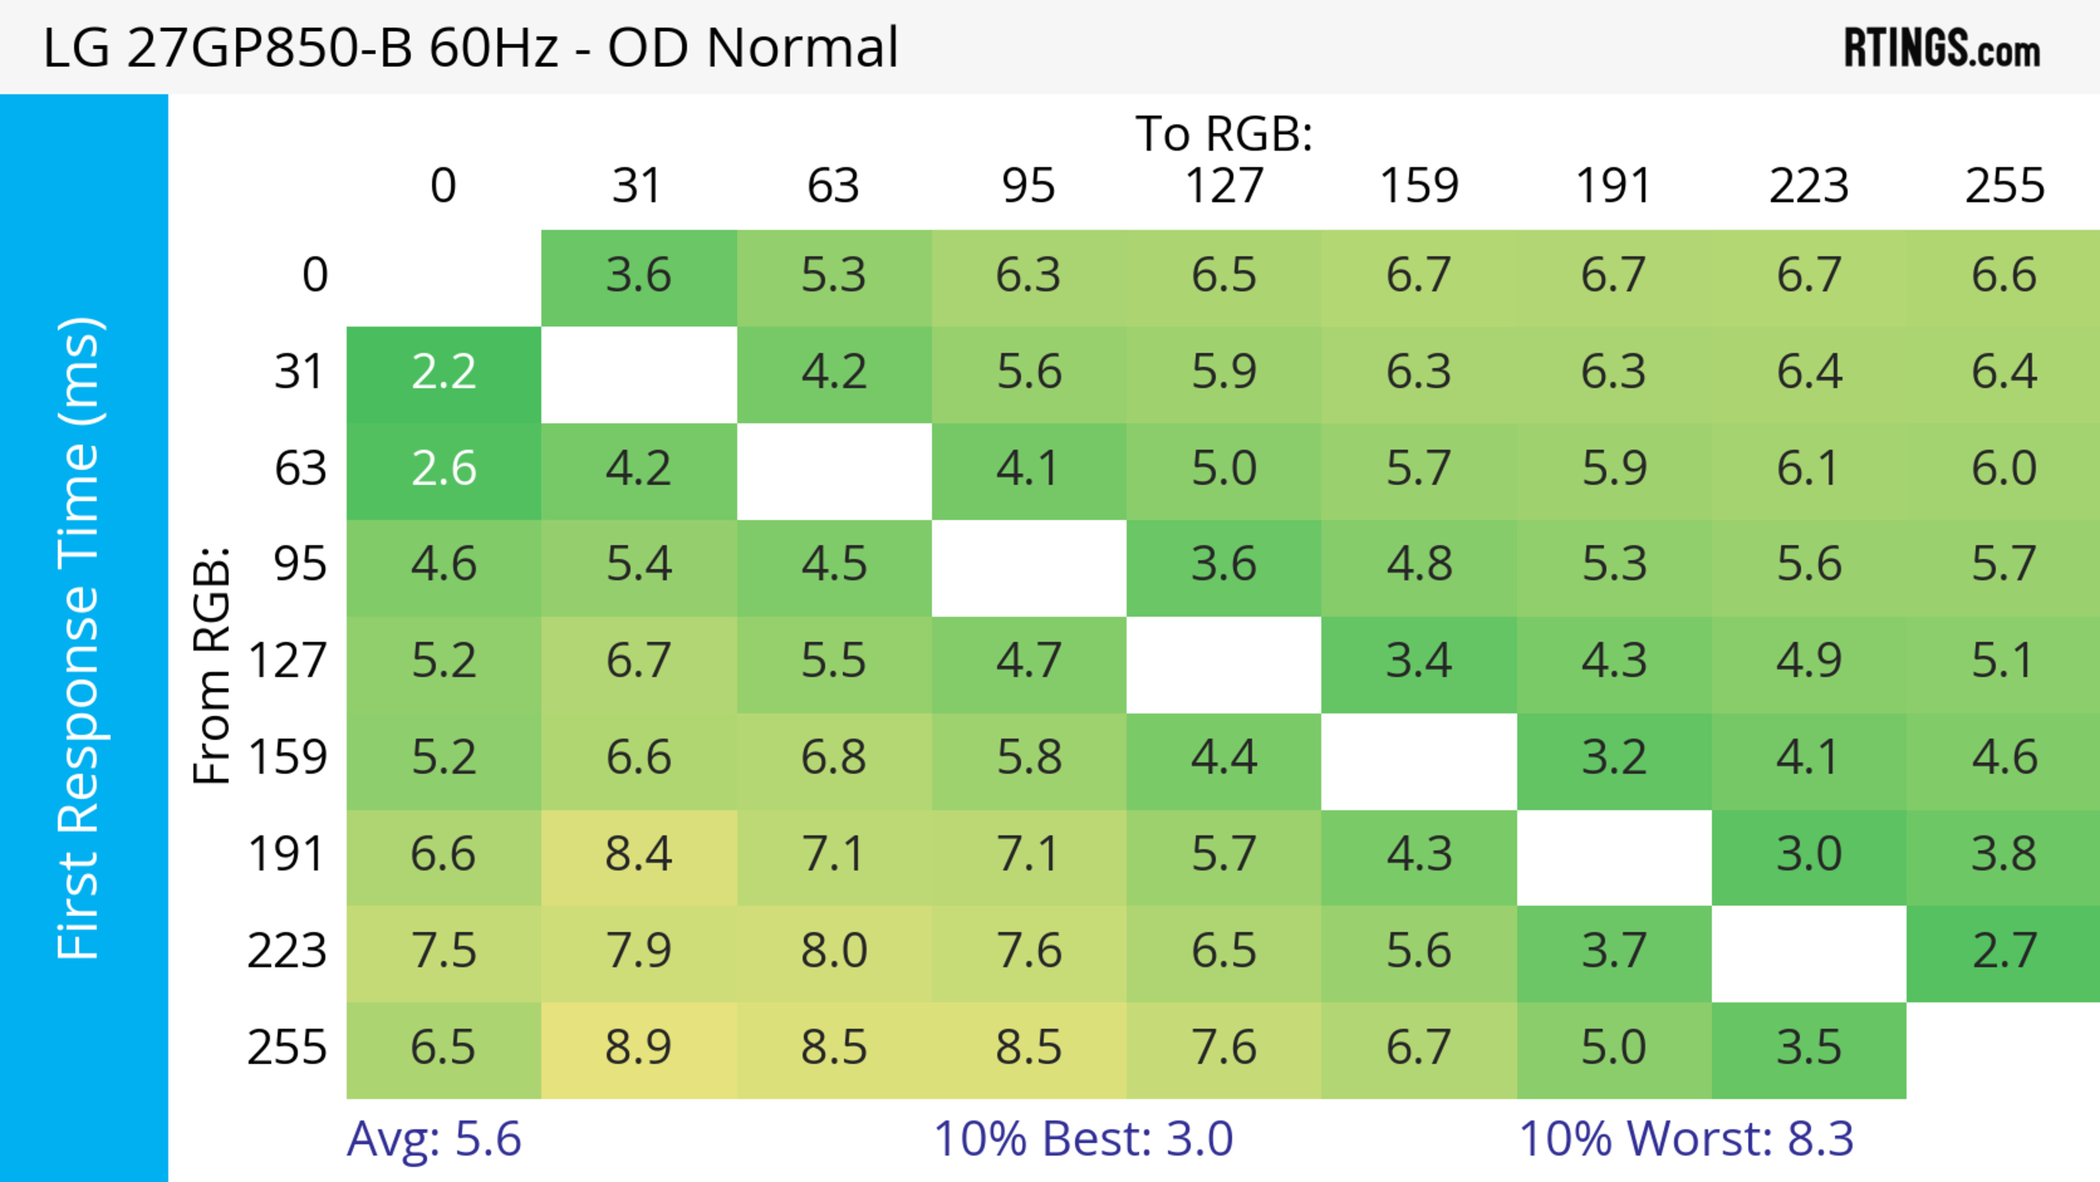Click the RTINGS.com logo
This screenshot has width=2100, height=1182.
[x=1942, y=47]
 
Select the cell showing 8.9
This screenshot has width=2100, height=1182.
[x=638, y=1049]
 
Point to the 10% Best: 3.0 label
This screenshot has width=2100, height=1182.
[x=1083, y=1138]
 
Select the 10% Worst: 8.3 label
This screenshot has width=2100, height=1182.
[x=1686, y=1138]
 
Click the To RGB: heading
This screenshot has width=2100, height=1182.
[x=1224, y=133]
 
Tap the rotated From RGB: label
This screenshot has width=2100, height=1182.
[x=212, y=665]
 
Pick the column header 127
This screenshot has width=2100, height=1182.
[x=1224, y=186]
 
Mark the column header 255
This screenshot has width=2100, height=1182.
[x=2004, y=186]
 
